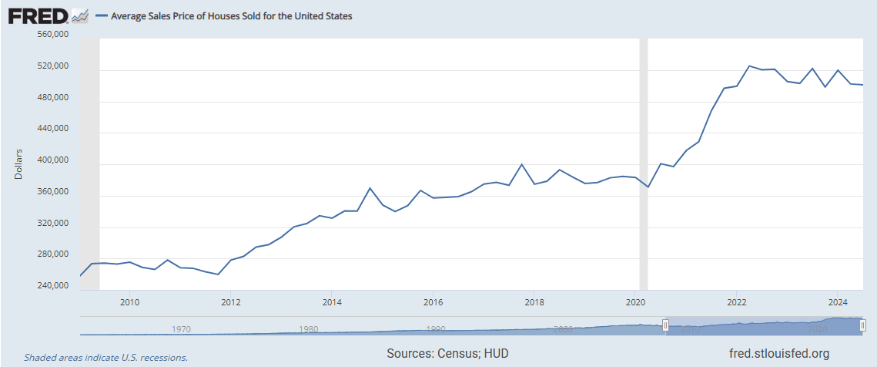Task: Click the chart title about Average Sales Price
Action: click(x=232, y=16)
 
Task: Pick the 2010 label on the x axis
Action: click(x=129, y=301)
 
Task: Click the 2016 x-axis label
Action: click(x=433, y=301)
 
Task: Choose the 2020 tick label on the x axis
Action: click(x=636, y=301)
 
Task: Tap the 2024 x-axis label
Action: click(x=839, y=301)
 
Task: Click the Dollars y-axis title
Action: click(x=19, y=163)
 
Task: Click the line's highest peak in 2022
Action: click(x=749, y=66)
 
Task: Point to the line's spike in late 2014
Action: click(x=370, y=188)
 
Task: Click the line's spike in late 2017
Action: click(x=522, y=164)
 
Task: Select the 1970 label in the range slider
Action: click(x=182, y=329)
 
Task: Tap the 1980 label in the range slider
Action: click(x=309, y=329)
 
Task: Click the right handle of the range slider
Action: click(x=862, y=326)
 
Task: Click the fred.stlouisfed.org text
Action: click(x=778, y=354)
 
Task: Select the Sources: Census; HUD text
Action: click(x=448, y=354)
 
